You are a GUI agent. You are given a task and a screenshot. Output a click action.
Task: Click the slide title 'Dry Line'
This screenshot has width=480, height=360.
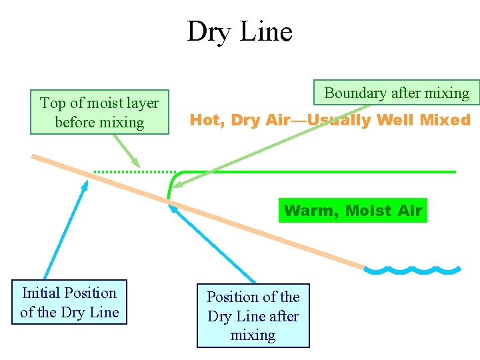(x=239, y=31)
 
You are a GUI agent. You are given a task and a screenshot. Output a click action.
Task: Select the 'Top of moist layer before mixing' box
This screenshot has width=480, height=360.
(x=99, y=112)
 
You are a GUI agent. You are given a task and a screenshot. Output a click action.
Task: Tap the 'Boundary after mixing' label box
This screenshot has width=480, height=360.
(x=397, y=93)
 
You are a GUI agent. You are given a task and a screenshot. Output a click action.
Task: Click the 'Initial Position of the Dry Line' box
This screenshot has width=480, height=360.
(x=69, y=302)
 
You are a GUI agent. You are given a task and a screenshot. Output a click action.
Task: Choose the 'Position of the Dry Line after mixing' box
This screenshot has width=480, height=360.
(x=253, y=315)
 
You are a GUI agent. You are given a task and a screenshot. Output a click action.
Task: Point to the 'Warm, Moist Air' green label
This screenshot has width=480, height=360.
(x=353, y=211)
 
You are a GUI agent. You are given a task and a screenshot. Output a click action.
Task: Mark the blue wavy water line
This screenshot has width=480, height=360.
(x=413, y=271)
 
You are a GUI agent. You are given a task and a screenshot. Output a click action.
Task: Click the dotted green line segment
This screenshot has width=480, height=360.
(x=133, y=172)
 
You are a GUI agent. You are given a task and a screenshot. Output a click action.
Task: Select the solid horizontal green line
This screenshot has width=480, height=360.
(x=320, y=172)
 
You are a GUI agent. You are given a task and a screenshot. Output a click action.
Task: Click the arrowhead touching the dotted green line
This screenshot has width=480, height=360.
(x=137, y=164)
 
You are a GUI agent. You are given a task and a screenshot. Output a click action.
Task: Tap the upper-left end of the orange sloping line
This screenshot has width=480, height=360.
(x=35, y=157)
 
